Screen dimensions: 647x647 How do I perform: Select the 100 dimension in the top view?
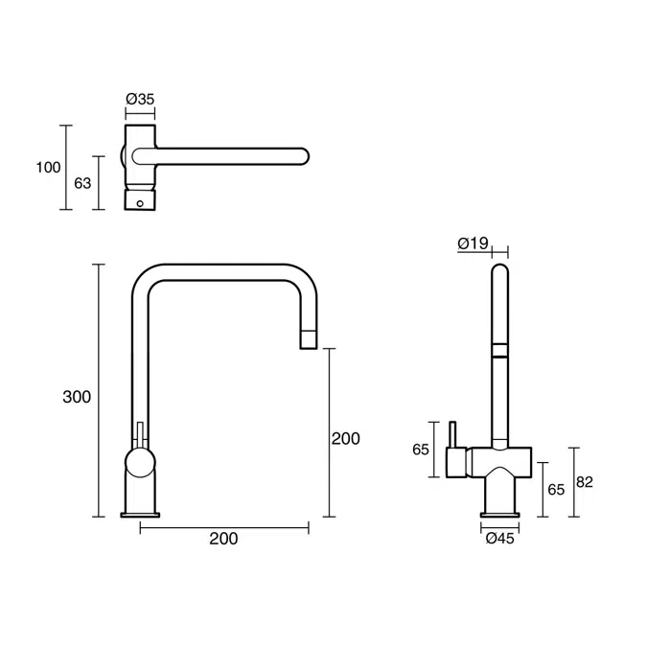click(x=48, y=168)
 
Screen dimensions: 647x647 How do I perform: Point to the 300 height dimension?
click(x=76, y=396)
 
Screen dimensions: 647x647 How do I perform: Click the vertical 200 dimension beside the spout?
click(x=345, y=438)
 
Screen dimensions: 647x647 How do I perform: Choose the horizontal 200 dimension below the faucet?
click(x=223, y=539)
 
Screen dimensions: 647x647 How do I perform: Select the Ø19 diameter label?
click(x=474, y=243)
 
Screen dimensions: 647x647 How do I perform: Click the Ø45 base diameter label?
click(x=500, y=539)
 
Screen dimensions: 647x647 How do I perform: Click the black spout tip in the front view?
click(x=309, y=337)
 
